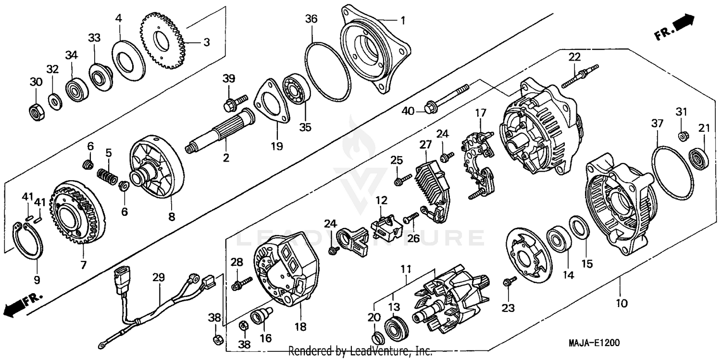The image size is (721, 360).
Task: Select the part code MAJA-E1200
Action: [x=595, y=343]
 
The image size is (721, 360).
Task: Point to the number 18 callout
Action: [x=300, y=327]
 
